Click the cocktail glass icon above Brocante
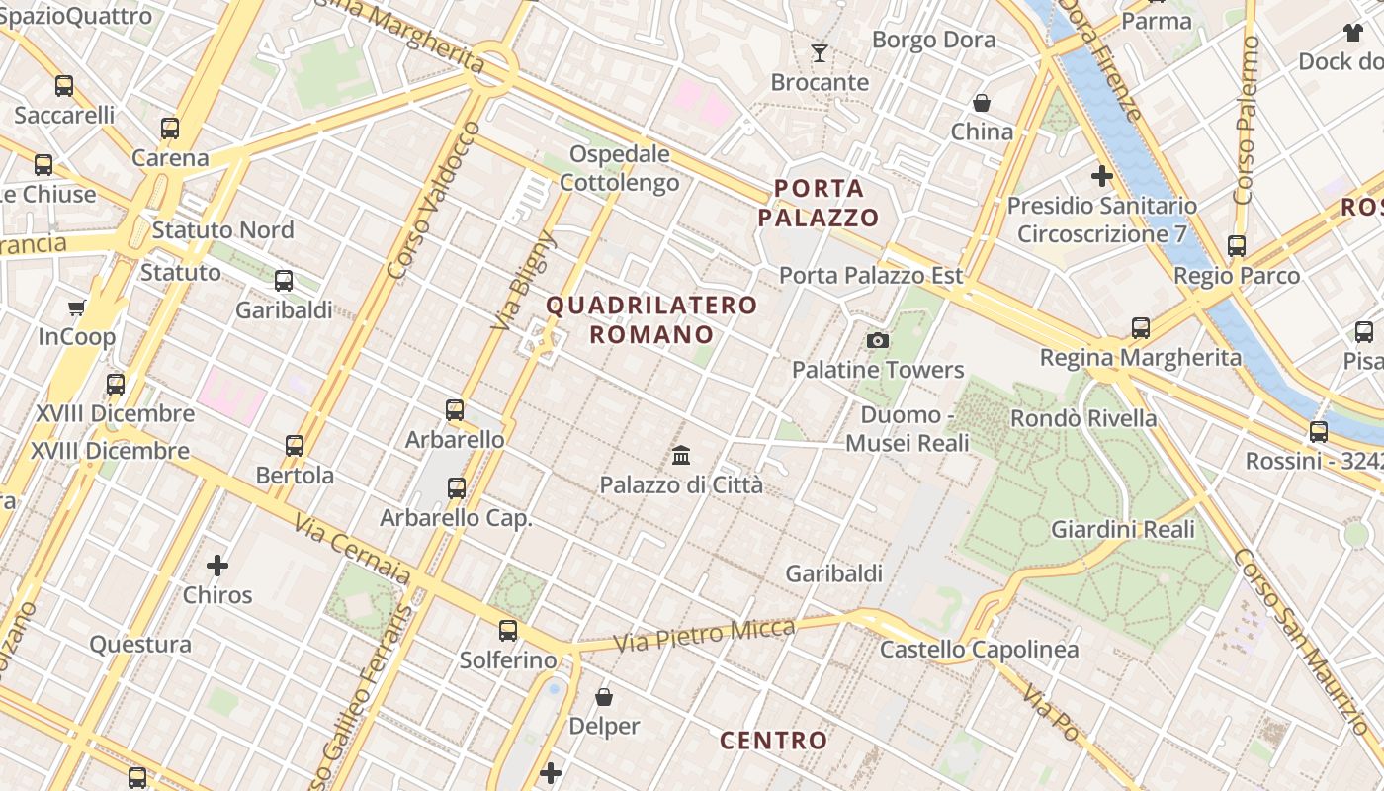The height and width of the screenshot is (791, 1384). coord(820,52)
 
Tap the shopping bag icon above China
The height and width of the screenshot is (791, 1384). coord(982,103)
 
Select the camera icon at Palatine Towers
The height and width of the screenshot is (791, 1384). coord(877,341)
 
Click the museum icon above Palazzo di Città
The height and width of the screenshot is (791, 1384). coord(681,456)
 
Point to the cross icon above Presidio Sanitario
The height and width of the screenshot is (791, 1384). coord(1101,177)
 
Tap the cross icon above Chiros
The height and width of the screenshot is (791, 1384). coord(217,566)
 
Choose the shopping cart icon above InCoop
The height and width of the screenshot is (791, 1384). coord(76,308)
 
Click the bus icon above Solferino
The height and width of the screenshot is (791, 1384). coord(508,630)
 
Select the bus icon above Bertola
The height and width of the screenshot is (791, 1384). coord(295,445)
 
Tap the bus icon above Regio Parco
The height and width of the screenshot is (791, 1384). coord(1237,246)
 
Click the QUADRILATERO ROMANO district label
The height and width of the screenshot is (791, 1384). coord(652,319)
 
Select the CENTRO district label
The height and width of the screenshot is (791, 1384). coord(774,740)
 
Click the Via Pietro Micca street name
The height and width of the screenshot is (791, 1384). coord(704,635)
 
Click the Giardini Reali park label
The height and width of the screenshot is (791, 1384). coord(1123,529)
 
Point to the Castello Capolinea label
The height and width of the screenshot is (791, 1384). coord(979,650)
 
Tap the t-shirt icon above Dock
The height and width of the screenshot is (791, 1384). coord(1353,33)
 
